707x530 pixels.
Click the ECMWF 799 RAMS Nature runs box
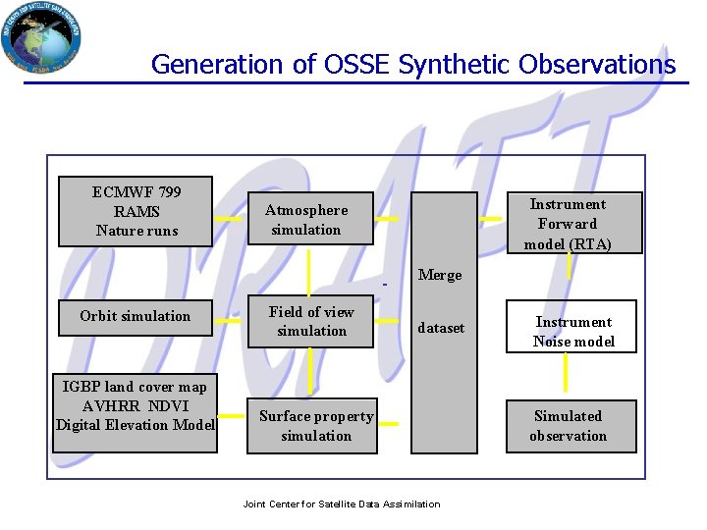pos(136,211)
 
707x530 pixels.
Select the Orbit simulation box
pos(135,317)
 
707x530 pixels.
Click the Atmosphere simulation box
pos(308,219)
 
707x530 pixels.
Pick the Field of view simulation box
pos(311,322)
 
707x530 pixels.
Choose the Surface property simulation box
pos(312,426)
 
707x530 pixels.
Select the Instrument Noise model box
pos(571,332)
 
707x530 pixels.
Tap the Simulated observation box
pos(571,426)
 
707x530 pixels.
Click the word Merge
pos(439,275)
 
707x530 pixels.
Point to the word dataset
pos(441,328)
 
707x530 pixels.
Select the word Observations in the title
pos(597,65)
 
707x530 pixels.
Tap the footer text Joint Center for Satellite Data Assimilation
pos(341,504)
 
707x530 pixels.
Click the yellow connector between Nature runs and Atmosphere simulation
pos(227,218)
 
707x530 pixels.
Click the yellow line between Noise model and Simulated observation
pos(566,372)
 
